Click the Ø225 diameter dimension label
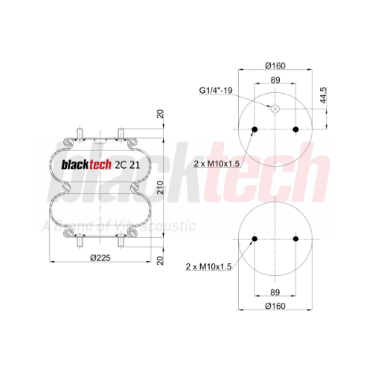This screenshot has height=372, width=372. [x=100, y=258]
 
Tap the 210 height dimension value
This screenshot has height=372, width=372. [x=161, y=187]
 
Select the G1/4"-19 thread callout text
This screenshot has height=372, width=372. [x=216, y=90]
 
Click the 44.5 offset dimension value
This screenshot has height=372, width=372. [x=323, y=95]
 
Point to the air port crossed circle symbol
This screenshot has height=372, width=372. [x=275, y=109]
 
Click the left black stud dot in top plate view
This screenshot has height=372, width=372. [x=254, y=129]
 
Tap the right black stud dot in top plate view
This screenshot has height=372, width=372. [x=295, y=129]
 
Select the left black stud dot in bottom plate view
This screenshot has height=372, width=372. [x=254, y=239]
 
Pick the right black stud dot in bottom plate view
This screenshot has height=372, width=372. [x=295, y=239]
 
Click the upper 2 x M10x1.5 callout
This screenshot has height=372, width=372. [x=217, y=164]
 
